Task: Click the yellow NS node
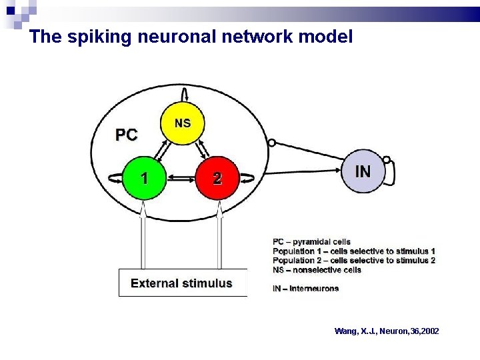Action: pos(183,123)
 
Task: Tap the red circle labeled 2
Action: pos(217,178)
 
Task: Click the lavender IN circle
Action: pos(363,171)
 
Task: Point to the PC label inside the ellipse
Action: pos(127,135)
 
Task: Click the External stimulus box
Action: pos(182,283)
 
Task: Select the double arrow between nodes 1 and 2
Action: pos(181,179)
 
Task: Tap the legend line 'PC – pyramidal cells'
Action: pos(311,241)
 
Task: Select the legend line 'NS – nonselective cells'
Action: pos(317,270)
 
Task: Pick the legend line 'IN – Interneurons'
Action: pos(305,289)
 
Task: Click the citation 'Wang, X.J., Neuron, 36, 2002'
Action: pos(387,331)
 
